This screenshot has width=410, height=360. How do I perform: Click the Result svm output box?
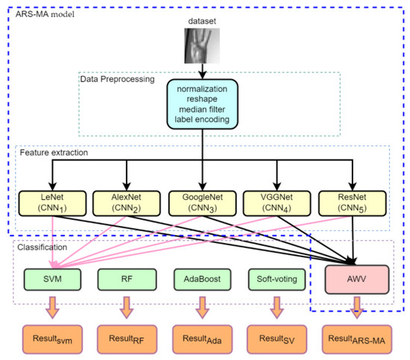click(51, 339)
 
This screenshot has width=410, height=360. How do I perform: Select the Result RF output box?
click(127, 339)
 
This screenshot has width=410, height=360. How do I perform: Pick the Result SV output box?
click(278, 339)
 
